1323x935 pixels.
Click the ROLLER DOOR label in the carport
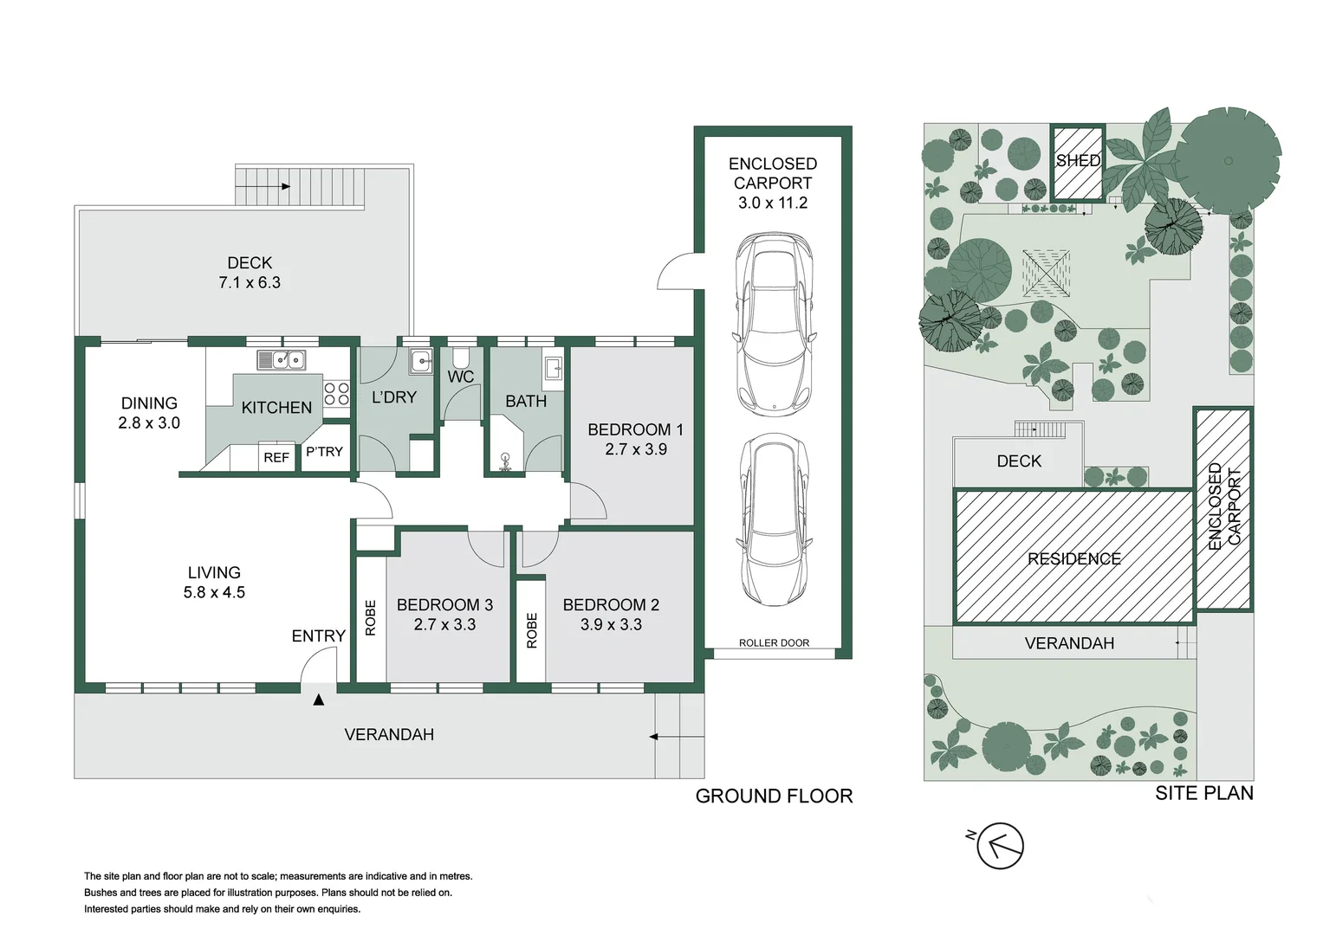[774, 642]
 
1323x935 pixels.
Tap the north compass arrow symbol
[999, 845]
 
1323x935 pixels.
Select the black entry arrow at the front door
[318, 700]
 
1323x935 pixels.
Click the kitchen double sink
[281, 360]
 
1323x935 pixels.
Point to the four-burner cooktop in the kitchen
[336, 394]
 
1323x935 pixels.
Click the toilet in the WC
[459, 358]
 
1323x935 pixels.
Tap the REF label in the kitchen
[276, 457]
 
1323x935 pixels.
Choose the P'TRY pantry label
[324, 452]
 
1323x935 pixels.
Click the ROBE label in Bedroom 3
[370, 617]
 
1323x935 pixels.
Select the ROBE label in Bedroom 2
[532, 630]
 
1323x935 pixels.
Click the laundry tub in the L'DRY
[421, 361]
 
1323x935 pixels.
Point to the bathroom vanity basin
[554, 369]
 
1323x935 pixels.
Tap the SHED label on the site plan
[1078, 160]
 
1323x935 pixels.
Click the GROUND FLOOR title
[774, 796]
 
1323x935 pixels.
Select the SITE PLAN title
[1204, 793]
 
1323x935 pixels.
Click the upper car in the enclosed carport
[775, 321]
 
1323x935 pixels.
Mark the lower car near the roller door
[775, 520]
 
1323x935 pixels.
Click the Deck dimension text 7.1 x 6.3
[250, 283]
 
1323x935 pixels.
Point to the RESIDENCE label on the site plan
[1073, 558]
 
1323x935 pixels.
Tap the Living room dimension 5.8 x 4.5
[214, 592]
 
